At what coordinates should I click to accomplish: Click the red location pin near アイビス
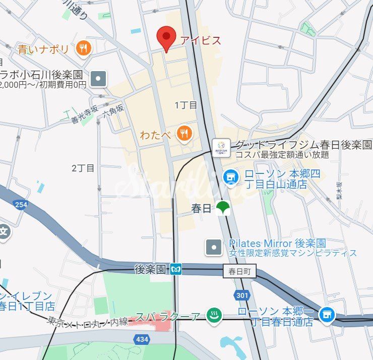166,38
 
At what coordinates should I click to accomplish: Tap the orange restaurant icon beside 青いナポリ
83,49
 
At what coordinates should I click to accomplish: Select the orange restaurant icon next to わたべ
185,134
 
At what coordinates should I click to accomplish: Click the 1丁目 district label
185,105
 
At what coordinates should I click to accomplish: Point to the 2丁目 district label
83,168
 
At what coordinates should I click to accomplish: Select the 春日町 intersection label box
239,272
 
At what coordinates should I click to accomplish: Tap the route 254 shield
21,204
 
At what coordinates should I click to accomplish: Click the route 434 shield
142,339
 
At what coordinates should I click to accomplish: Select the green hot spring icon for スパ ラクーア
214,316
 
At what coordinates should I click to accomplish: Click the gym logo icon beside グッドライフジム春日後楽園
221,148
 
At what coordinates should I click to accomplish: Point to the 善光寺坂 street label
84,115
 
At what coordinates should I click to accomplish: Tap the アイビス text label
201,40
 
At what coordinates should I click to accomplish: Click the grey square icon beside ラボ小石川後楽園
99,79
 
